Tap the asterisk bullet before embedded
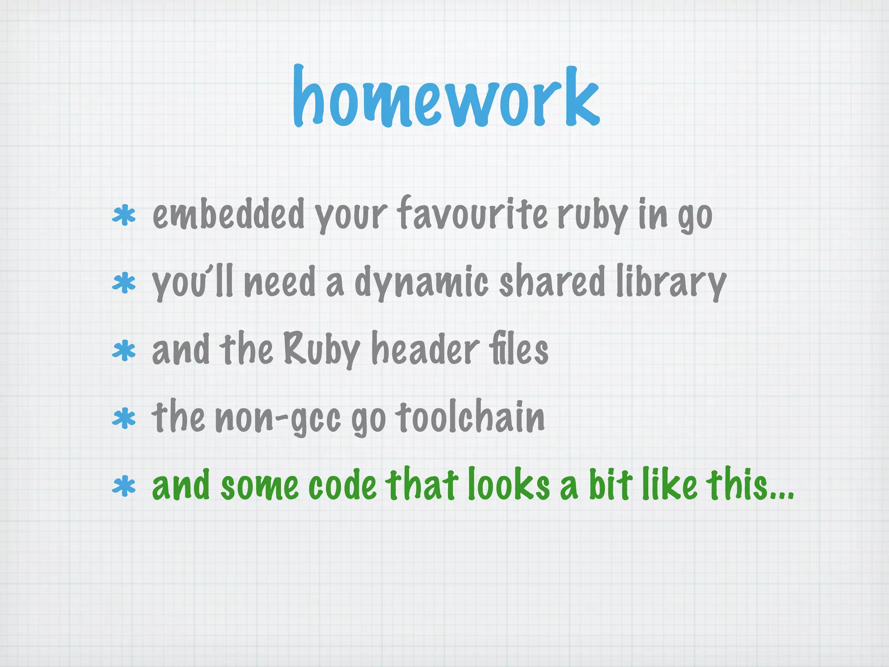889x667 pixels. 124,216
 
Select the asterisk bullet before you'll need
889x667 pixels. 124,283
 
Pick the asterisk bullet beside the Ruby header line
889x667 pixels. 124,351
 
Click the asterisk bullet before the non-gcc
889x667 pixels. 124,418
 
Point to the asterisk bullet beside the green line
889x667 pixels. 124,486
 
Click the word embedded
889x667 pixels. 228,214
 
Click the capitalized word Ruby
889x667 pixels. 322,350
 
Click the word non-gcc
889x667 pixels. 278,418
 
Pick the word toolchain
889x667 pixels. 470,416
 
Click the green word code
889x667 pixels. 342,485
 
